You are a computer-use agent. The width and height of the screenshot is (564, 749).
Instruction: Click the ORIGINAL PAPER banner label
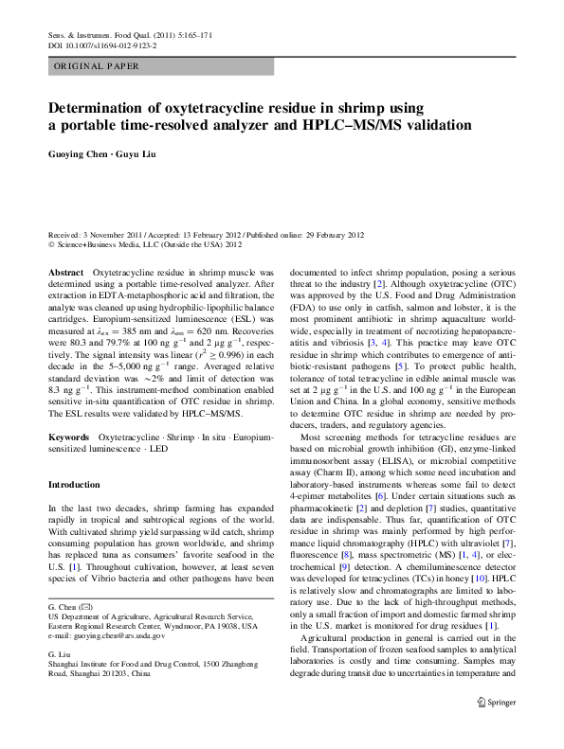[97, 67]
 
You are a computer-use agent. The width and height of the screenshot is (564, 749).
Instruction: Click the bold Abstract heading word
[64, 272]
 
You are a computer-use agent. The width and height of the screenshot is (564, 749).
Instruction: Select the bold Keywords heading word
[69, 438]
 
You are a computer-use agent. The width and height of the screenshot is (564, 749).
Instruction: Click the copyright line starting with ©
[144, 243]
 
